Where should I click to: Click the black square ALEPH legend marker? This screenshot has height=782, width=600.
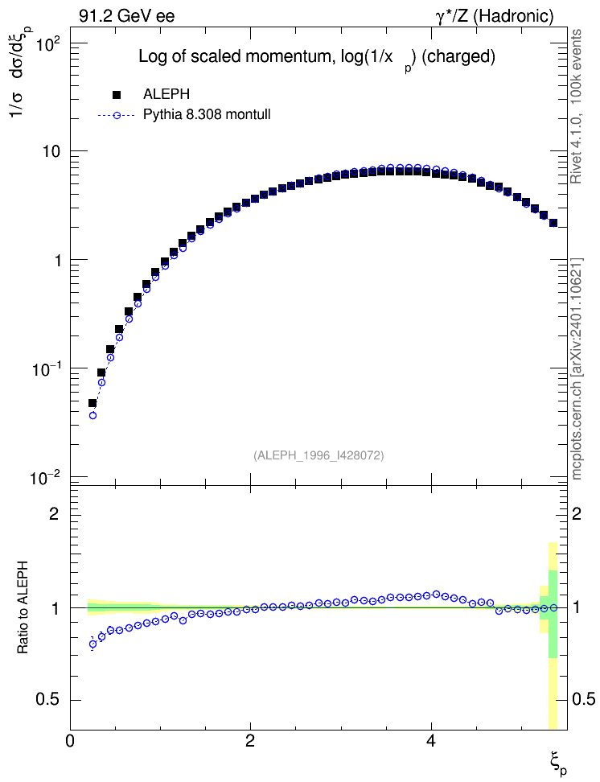[117, 94]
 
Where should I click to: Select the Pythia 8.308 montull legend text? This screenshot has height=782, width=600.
[207, 115]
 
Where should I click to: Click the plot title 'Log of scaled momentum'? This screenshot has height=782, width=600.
[233, 56]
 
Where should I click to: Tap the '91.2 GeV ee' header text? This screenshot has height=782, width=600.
[127, 16]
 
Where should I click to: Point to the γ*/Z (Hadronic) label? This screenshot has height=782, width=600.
[495, 16]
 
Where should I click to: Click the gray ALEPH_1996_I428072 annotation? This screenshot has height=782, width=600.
[318, 455]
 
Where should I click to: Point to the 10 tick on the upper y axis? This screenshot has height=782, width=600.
[51, 151]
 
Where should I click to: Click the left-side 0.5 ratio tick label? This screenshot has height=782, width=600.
[48, 700]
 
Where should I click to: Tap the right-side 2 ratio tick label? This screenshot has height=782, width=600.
[577, 513]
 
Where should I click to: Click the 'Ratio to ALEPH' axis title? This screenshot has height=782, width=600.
[23, 607]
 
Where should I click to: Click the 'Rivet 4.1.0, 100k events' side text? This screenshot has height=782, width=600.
[577, 106]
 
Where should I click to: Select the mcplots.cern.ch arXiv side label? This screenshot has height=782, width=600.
[577, 368]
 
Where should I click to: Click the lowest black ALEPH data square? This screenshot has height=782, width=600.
[92, 403]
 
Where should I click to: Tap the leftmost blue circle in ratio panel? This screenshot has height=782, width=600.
[92, 644]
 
